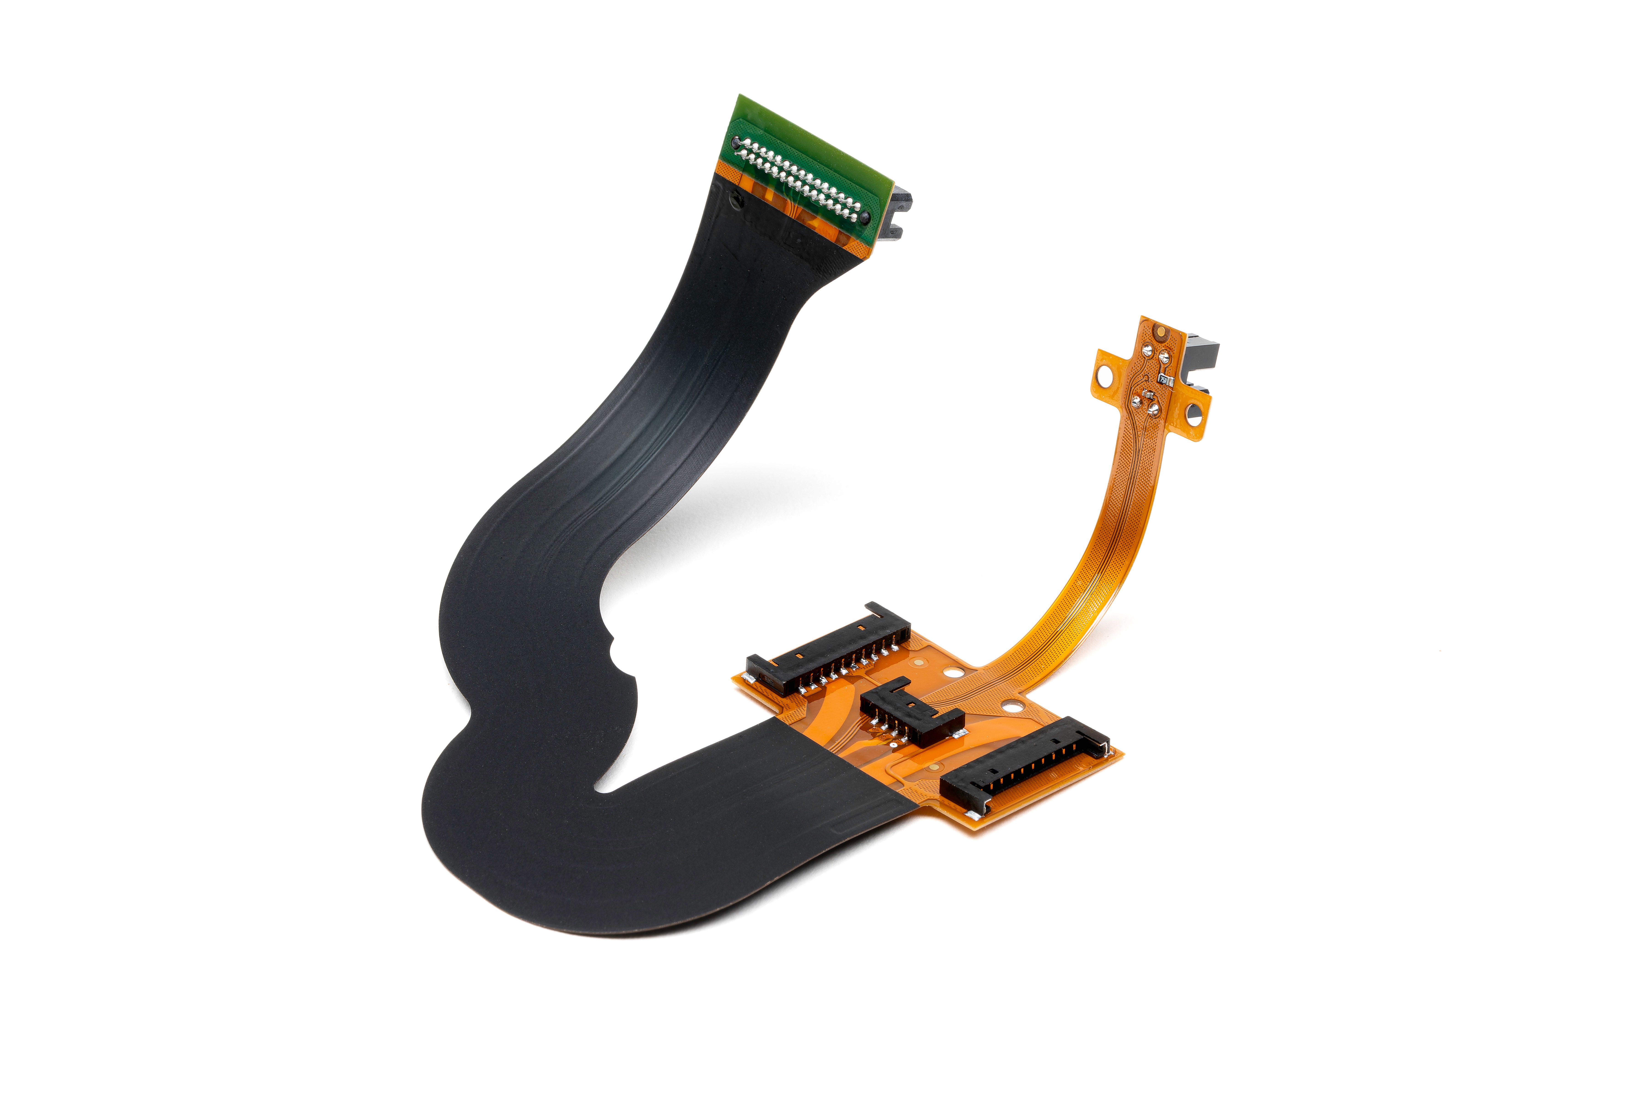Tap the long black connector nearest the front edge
(1025, 766)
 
